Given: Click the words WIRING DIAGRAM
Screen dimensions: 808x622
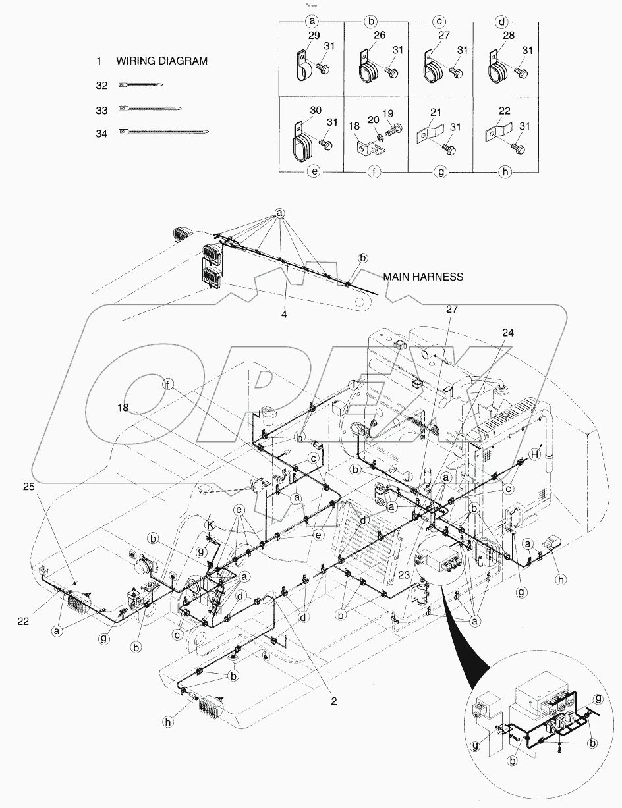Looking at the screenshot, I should pos(161,61).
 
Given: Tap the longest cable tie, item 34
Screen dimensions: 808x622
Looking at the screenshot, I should pos(164,132).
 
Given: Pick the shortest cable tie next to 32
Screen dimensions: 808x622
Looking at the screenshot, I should pos(140,85).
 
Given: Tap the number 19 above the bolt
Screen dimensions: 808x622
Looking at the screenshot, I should pos(388,114).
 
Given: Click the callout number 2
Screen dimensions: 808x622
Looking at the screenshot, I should pos(334,701).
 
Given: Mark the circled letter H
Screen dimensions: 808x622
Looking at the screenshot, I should pos(536,453).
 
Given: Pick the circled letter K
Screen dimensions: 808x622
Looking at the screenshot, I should pos(210,525).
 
